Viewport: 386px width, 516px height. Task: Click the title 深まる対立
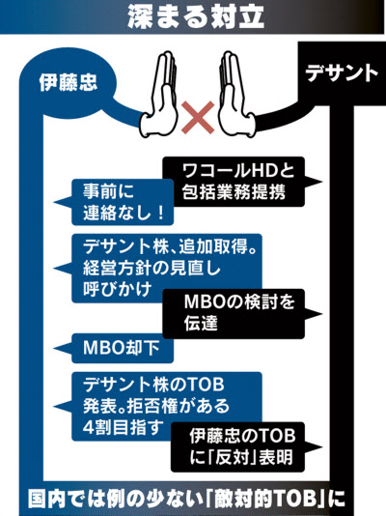click(196, 16)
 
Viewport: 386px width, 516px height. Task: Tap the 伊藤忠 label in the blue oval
click(69, 82)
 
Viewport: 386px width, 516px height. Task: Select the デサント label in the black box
click(342, 73)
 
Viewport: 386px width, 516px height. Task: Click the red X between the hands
click(198, 117)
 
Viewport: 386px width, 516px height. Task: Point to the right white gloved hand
click(236, 96)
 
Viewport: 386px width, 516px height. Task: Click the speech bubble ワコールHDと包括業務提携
click(240, 182)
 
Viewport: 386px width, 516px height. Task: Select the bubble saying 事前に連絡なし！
click(115, 202)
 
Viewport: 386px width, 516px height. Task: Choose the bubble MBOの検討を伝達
click(240, 314)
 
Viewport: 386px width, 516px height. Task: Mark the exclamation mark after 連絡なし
click(160, 213)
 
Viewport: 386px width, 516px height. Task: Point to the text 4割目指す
click(123, 427)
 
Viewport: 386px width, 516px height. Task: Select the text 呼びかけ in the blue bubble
click(117, 289)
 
